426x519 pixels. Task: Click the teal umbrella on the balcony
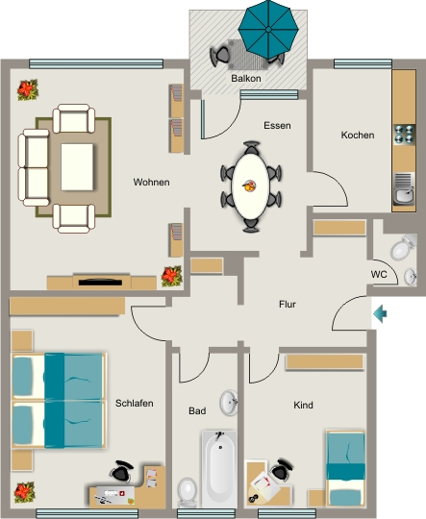coord(268,30)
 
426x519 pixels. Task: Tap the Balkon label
coord(246,79)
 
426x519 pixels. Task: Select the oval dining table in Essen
coord(251,186)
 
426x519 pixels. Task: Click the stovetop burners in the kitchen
coord(404,135)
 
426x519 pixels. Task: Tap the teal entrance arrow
coord(380,313)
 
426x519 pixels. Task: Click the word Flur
coord(288,304)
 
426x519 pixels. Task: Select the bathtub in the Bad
coord(219,468)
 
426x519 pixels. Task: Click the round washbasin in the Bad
coord(229,403)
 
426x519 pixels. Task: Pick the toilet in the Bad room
coord(188,492)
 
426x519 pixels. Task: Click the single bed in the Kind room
coord(345,468)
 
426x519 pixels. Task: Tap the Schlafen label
coord(135,403)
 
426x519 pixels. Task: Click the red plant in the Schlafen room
coord(24,492)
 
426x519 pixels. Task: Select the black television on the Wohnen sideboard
coord(100,283)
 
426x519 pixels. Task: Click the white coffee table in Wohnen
coord(77,167)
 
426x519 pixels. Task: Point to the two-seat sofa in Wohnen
coord(34,167)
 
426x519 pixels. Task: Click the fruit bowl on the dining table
coord(249,186)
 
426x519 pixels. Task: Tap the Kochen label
coord(358,136)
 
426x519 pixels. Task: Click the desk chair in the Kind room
coord(282,470)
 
